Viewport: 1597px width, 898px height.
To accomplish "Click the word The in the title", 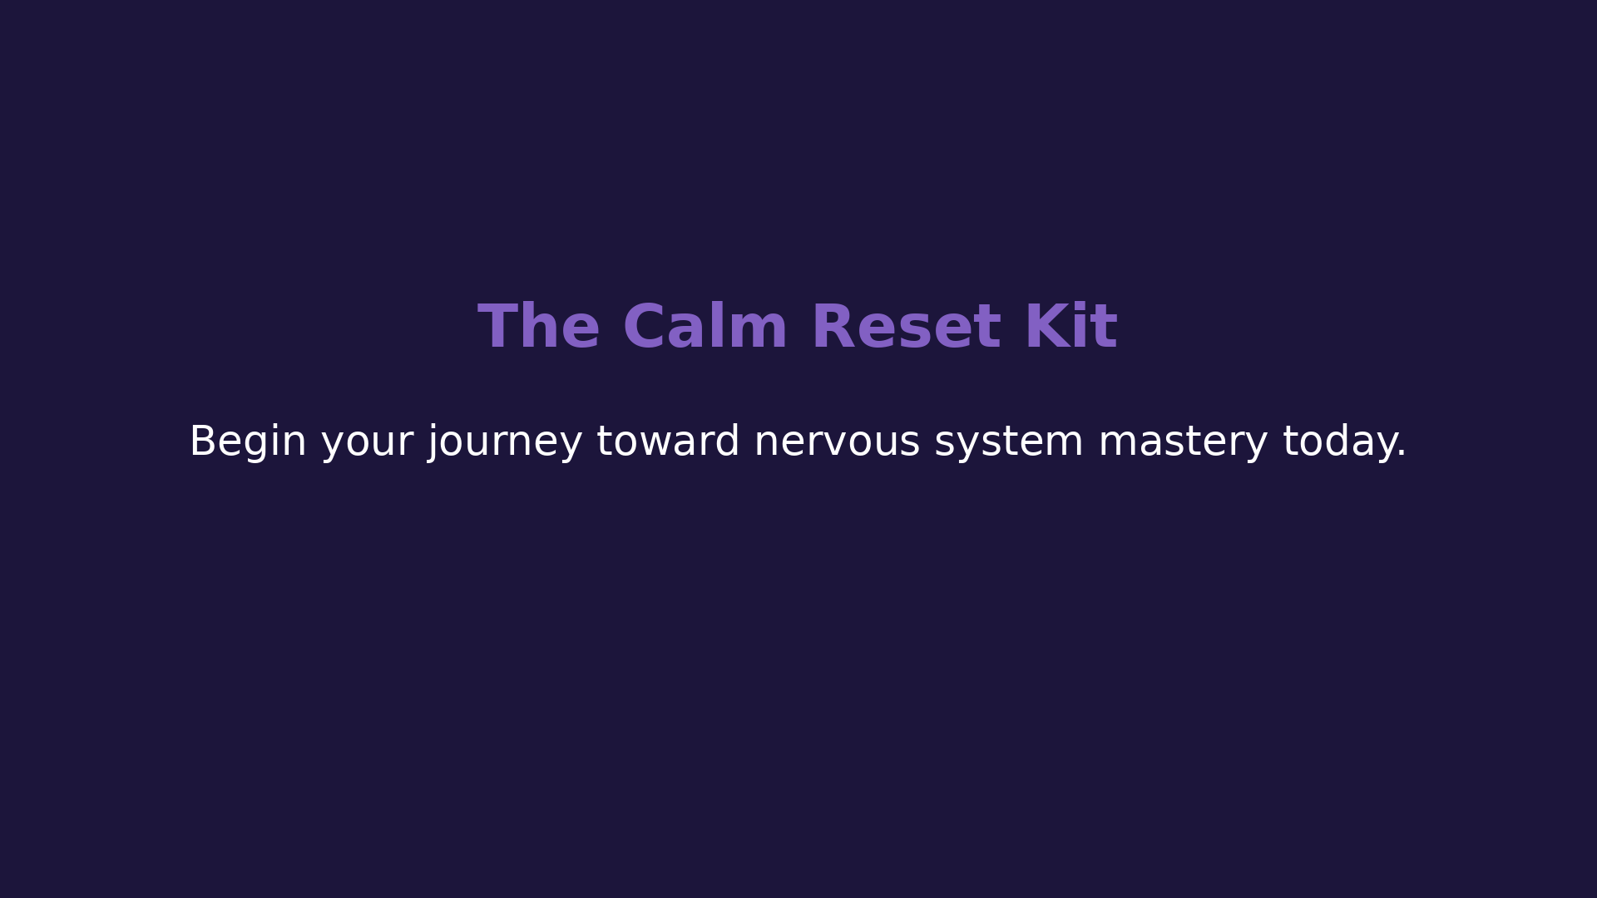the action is point(538,327).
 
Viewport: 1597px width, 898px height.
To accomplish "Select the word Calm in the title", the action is point(705,327).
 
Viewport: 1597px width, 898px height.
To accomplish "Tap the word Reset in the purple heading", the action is point(906,327).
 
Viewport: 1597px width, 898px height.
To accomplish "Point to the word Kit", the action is point(1071,326).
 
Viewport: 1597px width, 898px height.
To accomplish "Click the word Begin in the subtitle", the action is point(248,442).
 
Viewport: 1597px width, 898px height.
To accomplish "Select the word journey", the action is point(505,443).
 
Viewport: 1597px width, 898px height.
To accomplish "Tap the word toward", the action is point(668,441).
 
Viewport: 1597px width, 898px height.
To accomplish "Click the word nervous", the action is point(837,444).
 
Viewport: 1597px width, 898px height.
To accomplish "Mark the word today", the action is point(1338,442).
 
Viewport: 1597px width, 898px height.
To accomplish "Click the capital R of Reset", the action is point(832,327).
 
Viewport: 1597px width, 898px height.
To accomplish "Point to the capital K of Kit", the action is point(1046,327).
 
